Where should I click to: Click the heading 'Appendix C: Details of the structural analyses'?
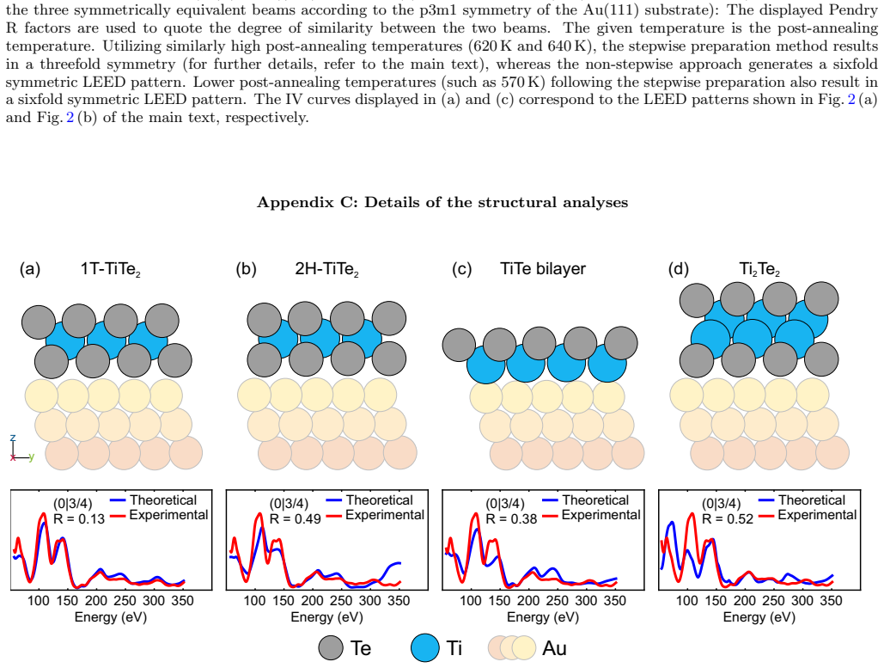[442, 203]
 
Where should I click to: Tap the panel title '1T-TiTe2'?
[111, 269]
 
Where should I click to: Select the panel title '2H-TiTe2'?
[327, 269]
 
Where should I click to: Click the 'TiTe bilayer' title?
[543, 268]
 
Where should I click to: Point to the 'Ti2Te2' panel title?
[759, 269]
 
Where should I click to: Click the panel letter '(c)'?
[461, 269]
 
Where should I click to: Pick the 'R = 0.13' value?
[79, 519]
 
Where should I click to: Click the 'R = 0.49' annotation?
[295, 519]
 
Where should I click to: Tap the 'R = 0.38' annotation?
[511, 519]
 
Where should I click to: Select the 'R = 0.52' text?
[728, 519]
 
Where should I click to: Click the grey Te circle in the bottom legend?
[331, 647]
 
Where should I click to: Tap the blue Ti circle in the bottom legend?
[424, 647]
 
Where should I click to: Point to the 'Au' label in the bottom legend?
[554, 647]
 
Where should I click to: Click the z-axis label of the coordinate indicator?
[13, 438]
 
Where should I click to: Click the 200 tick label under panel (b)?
[313, 601]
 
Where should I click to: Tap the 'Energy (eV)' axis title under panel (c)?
[543, 617]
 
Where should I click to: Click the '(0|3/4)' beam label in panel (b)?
[289, 504]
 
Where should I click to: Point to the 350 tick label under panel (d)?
[831, 601]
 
